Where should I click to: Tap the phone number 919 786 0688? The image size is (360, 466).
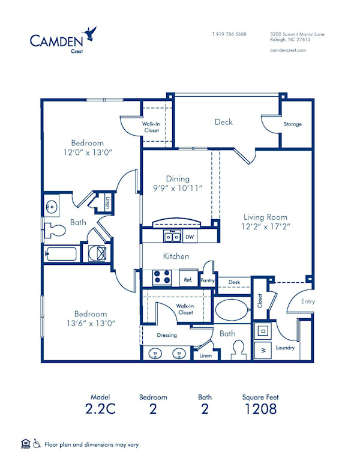click(x=229, y=34)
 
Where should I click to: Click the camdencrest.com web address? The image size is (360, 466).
click(x=289, y=50)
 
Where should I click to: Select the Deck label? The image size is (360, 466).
click(x=224, y=122)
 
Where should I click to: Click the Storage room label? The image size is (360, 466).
click(x=293, y=124)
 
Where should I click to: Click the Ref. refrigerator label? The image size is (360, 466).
click(x=187, y=279)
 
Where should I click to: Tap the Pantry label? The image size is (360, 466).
click(x=208, y=280)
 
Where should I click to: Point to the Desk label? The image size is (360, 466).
click(x=233, y=282)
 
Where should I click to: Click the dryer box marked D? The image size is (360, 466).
click(x=263, y=330)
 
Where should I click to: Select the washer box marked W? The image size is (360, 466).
click(x=263, y=349)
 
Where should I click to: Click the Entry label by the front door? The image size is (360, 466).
click(x=307, y=301)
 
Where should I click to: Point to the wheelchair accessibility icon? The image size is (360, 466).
click(x=37, y=444)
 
